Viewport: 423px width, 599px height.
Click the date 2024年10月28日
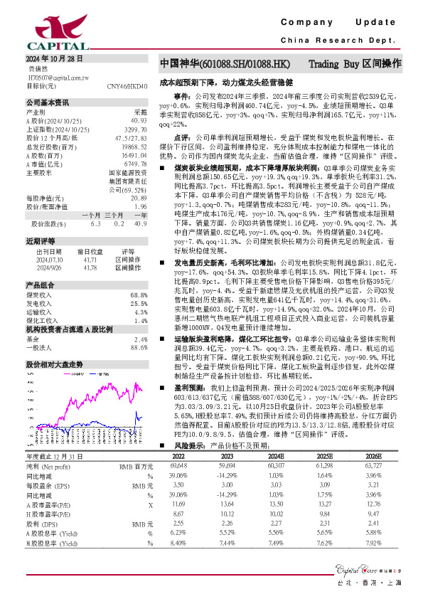click(x=55, y=59)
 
